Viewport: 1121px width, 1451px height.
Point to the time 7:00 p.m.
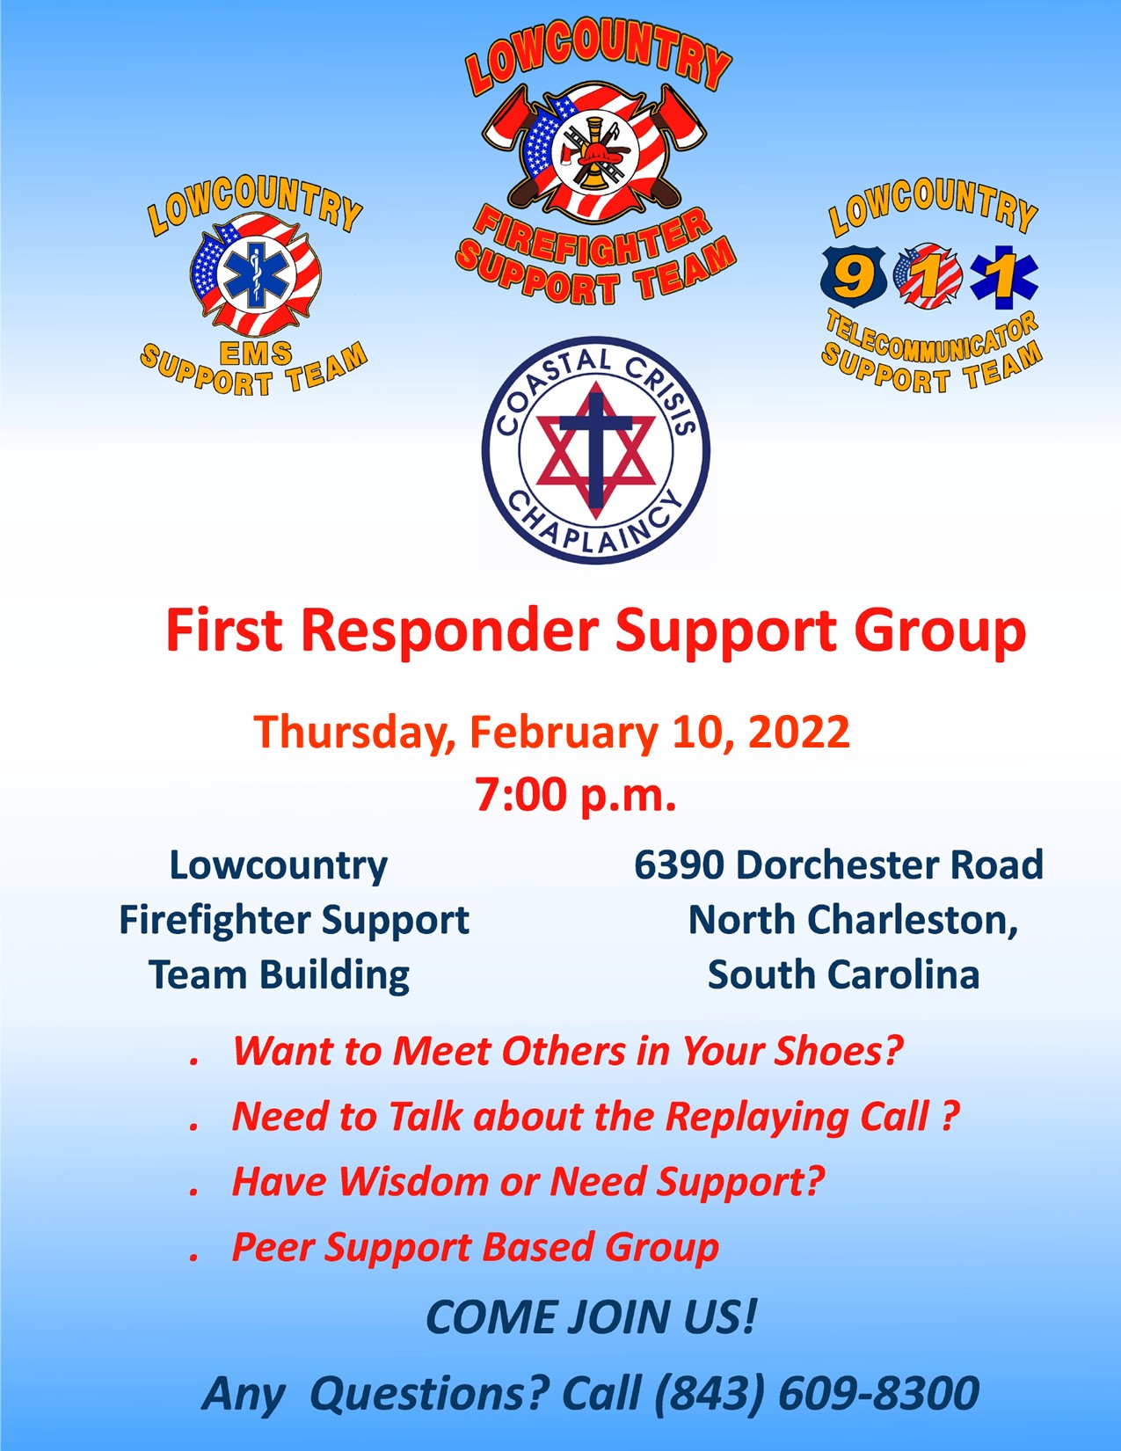[x=576, y=795]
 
